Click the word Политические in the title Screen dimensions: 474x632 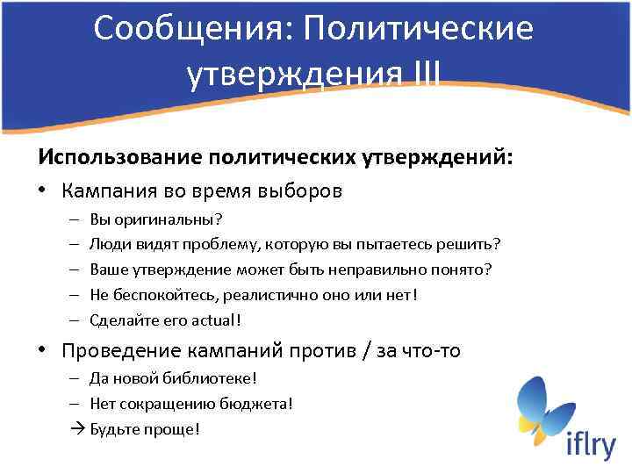coord(419,29)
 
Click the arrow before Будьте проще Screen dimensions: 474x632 coord(75,429)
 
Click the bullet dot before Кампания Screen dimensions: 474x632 coord(43,190)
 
